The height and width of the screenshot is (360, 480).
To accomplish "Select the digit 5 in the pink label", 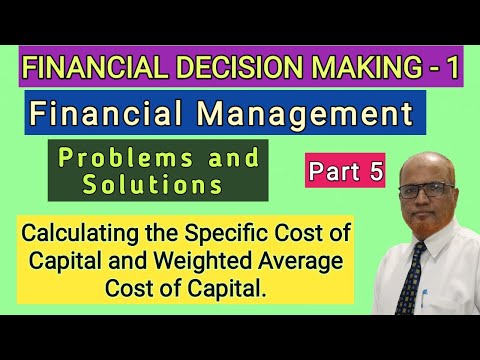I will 375,171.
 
